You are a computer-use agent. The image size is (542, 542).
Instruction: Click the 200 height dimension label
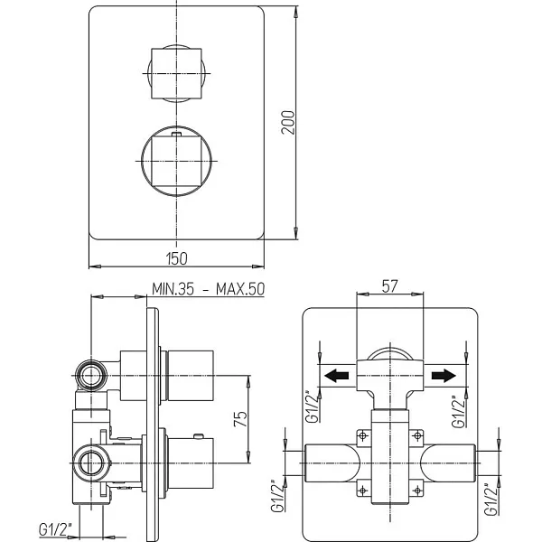point(288,122)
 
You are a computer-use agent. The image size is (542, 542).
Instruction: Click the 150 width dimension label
point(177,258)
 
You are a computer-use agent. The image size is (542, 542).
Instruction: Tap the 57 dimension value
point(389,285)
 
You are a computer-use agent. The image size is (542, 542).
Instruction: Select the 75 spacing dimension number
point(241,418)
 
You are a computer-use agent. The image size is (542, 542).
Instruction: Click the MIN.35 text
point(173,289)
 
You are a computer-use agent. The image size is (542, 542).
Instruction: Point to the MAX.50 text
point(240,289)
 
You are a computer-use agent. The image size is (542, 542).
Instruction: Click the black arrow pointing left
point(337,376)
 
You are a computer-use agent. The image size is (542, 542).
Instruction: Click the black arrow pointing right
point(444,376)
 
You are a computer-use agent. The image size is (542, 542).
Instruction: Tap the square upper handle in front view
point(176,73)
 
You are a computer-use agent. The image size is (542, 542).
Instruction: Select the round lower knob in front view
point(176,161)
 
